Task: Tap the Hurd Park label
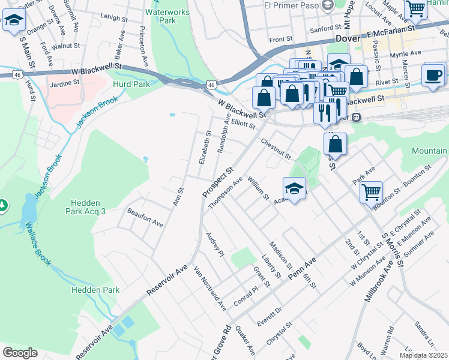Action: pyautogui.click(x=131, y=85)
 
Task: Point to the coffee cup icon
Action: pyautogui.click(x=433, y=75)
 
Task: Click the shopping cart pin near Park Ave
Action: pyautogui.click(x=372, y=192)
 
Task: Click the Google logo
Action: pyautogui.click(x=20, y=352)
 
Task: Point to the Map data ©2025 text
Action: pyautogui.click(x=424, y=355)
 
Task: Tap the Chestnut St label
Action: pyautogui.click(x=276, y=149)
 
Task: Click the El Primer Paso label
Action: pyautogui.click(x=291, y=5)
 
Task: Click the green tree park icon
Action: pyautogui.click(x=2, y=206)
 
